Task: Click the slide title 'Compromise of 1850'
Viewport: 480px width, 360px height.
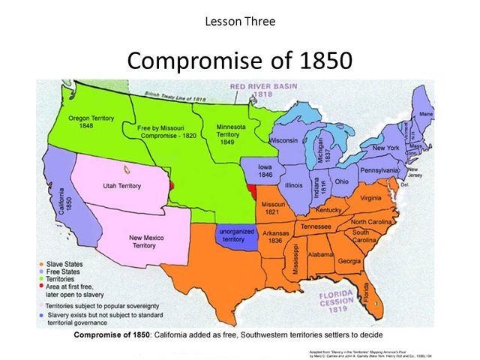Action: click(239, 59)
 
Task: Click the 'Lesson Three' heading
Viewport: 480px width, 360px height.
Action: click(239, 20)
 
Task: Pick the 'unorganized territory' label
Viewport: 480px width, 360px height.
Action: click(235, 234)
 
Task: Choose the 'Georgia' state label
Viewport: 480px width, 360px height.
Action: click(349, 260)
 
